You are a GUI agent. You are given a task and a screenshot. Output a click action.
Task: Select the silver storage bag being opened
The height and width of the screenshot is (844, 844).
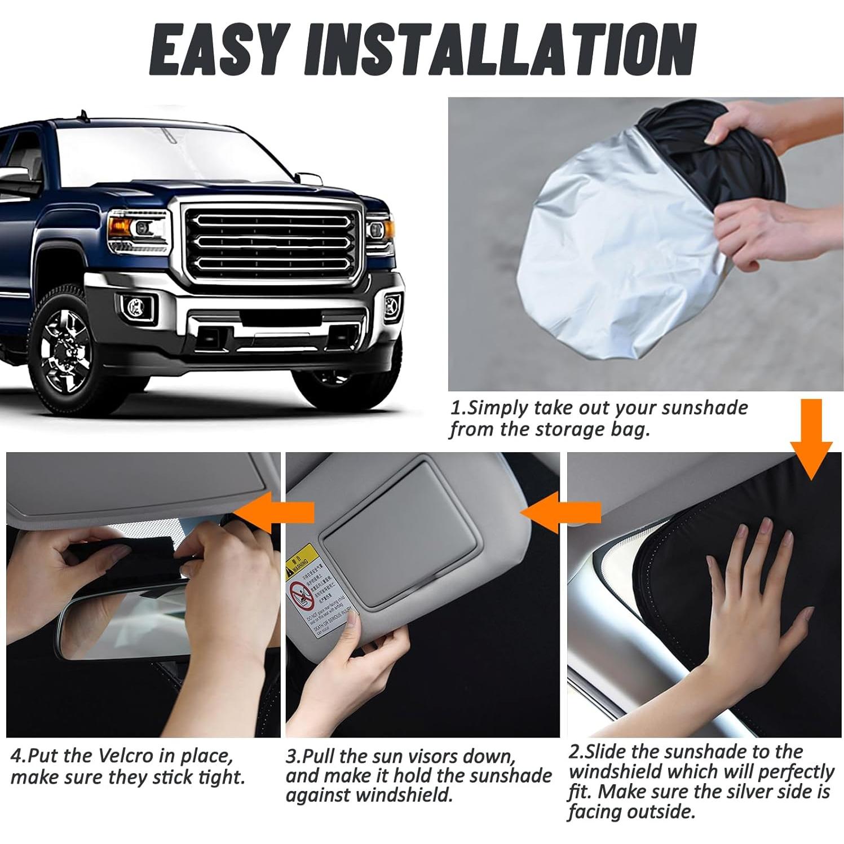609,242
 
